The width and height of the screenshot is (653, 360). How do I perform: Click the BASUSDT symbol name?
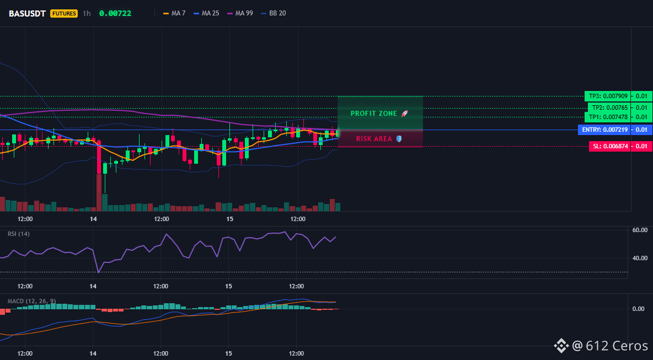pyautogui.click(x=28, y=13)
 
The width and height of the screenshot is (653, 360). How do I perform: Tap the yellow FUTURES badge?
pyautogui.click(x=64, y=13)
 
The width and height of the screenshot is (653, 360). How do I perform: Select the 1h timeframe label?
pyautogui.click(x=87, y=13)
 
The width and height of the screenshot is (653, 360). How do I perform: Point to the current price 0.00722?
pyautogui.click(x=115, y=13)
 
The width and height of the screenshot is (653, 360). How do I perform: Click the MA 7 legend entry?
pyautogui.click(x=174, y=13)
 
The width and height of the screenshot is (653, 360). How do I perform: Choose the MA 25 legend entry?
pyautogui.click(x=206, y=13)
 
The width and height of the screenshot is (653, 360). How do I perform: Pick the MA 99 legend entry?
pyautogui.click(x=240, y=13)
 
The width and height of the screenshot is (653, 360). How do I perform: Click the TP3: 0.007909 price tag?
pyautogui.click(x=607, y=96)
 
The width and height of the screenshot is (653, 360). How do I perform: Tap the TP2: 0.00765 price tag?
pyautogui.click(x=609, y=108)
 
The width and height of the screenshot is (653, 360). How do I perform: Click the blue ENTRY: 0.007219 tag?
pyautogui.click(x=604, y=130)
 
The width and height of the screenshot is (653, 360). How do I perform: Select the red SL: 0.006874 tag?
pyautogui.click(x=609, y=146)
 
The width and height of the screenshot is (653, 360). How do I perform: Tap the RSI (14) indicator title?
pyautogui.click(x=19, y=234)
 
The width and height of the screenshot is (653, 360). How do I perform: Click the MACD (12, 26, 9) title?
pyautogui.click(x=31, y=301)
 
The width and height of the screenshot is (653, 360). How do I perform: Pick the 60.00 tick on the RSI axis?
pyautogui.click(x=640, y=230)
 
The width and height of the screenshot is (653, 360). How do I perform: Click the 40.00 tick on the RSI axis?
pyautogui.click(x=640, y=258)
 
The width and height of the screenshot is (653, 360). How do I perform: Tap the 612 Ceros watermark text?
pyautogui.click(x=617, y=346)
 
